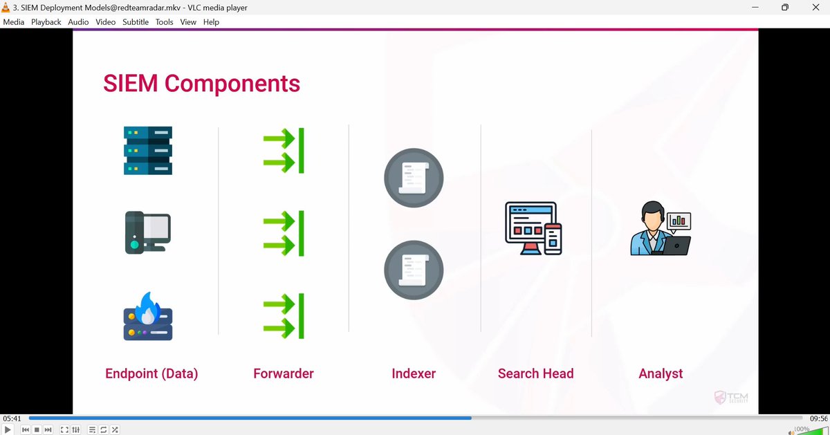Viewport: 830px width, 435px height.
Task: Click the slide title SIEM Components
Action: click(201, 84)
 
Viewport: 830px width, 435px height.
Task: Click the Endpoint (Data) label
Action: click(151, 373)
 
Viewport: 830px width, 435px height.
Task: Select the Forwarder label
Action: click(284, 373)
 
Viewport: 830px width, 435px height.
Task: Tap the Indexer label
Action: click(414, 373)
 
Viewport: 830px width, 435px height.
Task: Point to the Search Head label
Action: click(535, 373)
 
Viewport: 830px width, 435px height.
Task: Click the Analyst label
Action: click(661, 373)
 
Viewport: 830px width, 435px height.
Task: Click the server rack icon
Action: click(148, 150)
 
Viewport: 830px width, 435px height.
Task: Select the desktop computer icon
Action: click(147, 232)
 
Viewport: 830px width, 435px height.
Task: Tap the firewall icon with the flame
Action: click(147, 316)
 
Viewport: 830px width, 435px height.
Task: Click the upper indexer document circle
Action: click(414, 178)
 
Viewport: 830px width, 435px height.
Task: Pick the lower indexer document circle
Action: click(414, 270)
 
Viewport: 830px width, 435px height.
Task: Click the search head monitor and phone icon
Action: click(533, 228)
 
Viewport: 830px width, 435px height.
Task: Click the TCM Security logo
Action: click(731, 398)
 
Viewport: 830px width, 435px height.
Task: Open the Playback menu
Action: click(46, 22)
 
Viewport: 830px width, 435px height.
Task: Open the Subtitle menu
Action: click(136, 22)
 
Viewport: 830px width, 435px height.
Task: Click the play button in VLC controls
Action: click(8, 429)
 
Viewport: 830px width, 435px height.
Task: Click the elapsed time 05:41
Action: click(12, 418)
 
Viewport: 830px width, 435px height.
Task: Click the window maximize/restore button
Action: click(785, 8)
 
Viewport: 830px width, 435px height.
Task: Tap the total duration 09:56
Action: click(819, 418)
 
